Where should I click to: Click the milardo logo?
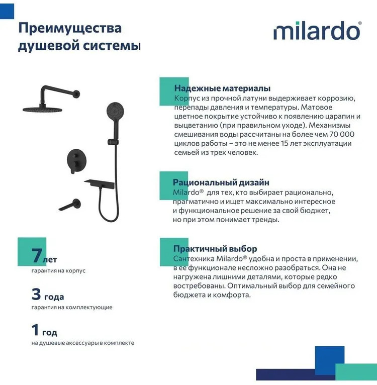click(316, 31)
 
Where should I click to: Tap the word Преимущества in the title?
click(70, 29)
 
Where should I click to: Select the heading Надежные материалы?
click(222, 88)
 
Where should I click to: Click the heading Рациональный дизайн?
click(221, 182)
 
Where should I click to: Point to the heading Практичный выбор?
click(215, 248)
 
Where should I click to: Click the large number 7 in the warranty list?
click(37, 255)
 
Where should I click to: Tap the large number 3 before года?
click(36, 294)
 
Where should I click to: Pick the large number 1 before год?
click(35, 330)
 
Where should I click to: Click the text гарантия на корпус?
click(58, 270)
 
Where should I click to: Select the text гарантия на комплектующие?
click(72, 307)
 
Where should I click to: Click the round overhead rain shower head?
click(42, 109)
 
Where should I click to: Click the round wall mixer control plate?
click(76, 160)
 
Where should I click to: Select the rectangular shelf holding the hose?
click(100, 183)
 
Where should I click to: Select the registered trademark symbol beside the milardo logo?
click(360, 23)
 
